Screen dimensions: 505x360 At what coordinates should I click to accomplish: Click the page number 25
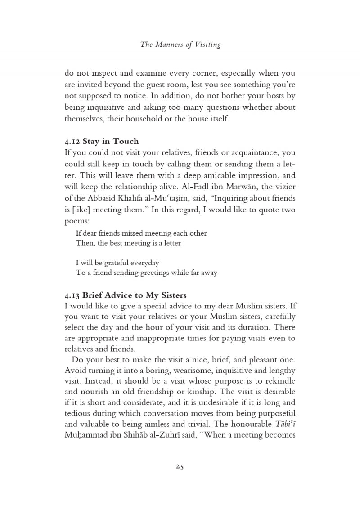point(180,466)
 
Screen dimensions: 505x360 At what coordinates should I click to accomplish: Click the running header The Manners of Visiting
point(180,44)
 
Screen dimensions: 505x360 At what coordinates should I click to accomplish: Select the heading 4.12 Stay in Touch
point(102,141)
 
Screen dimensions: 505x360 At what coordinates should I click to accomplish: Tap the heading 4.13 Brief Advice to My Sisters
point(126,295)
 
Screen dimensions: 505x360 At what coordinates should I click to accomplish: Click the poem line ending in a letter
point(128,243)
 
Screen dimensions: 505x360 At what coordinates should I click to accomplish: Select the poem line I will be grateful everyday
point(117,263)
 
